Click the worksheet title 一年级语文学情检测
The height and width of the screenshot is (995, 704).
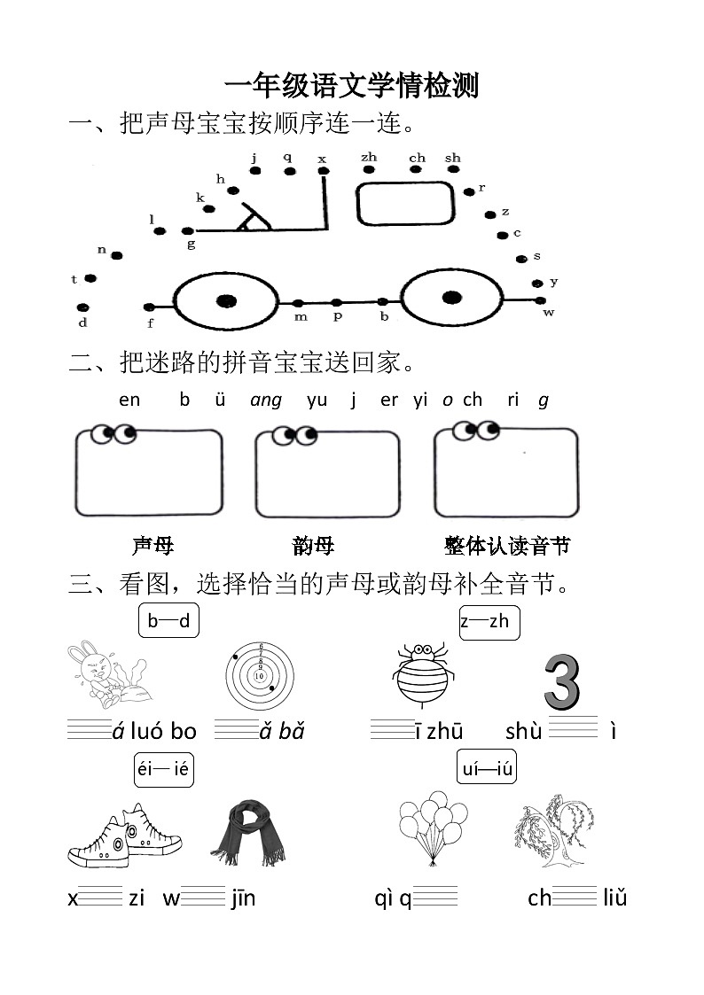tap(351, 86)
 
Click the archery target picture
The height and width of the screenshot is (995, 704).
tap(260, 674)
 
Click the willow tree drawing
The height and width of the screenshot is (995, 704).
tap(554, 831)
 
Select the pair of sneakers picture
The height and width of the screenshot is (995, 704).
tap(124, 836)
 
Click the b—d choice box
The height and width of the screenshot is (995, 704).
tap(168, 620)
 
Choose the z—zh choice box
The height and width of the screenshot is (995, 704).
tap(489, 621)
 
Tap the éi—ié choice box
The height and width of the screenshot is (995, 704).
tap(163, 769)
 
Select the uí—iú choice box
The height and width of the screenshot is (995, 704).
tap(487, 768)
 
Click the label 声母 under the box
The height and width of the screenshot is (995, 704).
tap(153, 546)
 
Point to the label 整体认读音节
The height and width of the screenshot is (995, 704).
tap(506, 546)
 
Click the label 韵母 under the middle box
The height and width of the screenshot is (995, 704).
tap(313, 546)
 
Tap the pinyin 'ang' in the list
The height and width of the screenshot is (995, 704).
tap(266, 400)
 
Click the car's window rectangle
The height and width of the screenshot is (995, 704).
tap(405, 204)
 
